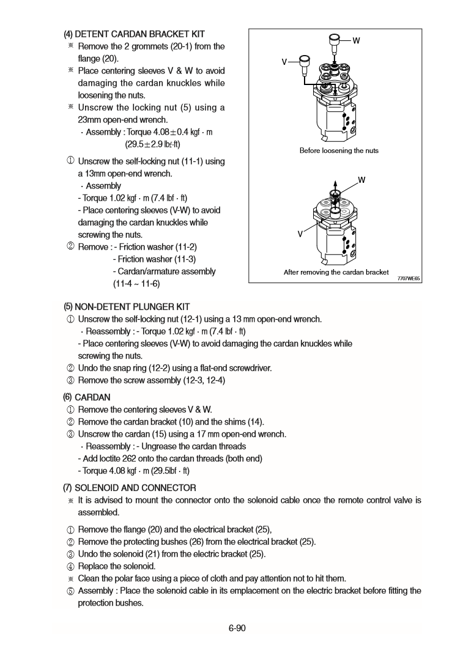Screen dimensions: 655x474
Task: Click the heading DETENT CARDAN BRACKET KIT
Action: (139, 34)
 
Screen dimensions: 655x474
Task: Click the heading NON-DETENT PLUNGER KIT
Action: (132, 306)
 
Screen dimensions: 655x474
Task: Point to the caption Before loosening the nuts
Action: (339, 150)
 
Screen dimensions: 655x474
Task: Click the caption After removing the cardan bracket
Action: (336, 272)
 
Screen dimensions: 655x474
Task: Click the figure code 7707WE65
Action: (408, 278)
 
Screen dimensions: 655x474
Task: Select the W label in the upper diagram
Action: (356, 41)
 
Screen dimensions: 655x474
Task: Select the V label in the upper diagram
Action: (284, 62)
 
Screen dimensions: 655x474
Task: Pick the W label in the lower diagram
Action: (361, 180)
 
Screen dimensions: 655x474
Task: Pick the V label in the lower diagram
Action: (300, 234)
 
